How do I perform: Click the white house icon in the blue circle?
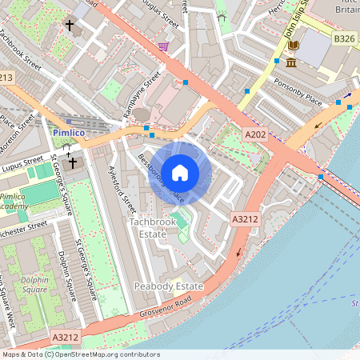(180, 172)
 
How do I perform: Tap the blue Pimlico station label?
(69, 132)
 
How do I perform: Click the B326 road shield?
(345, 38)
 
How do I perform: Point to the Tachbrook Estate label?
(148, 227)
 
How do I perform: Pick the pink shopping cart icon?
(164, 47)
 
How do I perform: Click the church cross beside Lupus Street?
(73, 162)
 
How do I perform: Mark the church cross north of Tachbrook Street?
(70, 26)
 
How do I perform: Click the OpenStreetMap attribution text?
(79, 354)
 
